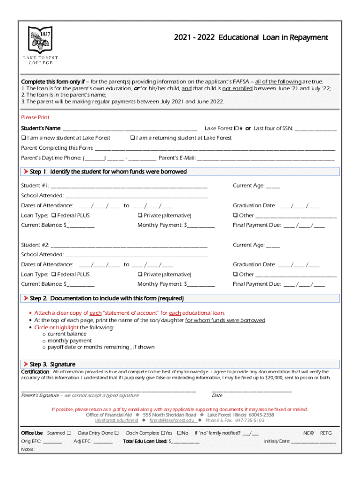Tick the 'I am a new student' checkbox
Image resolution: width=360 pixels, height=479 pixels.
tap(23, 138)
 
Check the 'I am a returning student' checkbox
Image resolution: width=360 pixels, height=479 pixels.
tap(132, 138)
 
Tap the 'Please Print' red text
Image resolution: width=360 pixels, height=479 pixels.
tap(35, 117)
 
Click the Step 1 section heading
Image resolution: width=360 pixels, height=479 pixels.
tap(108, 172)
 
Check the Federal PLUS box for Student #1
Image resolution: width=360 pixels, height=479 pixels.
tap(53, 216)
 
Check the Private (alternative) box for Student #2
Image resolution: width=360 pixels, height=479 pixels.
tap(140, 275)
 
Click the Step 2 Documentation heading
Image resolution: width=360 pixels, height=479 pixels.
tap(107, 298)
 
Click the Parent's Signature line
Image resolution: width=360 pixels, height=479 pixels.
tap(108, 390)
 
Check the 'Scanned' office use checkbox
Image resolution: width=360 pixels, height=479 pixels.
tap(69, 433)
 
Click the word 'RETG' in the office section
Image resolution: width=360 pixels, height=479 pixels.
tap(326, 433)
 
